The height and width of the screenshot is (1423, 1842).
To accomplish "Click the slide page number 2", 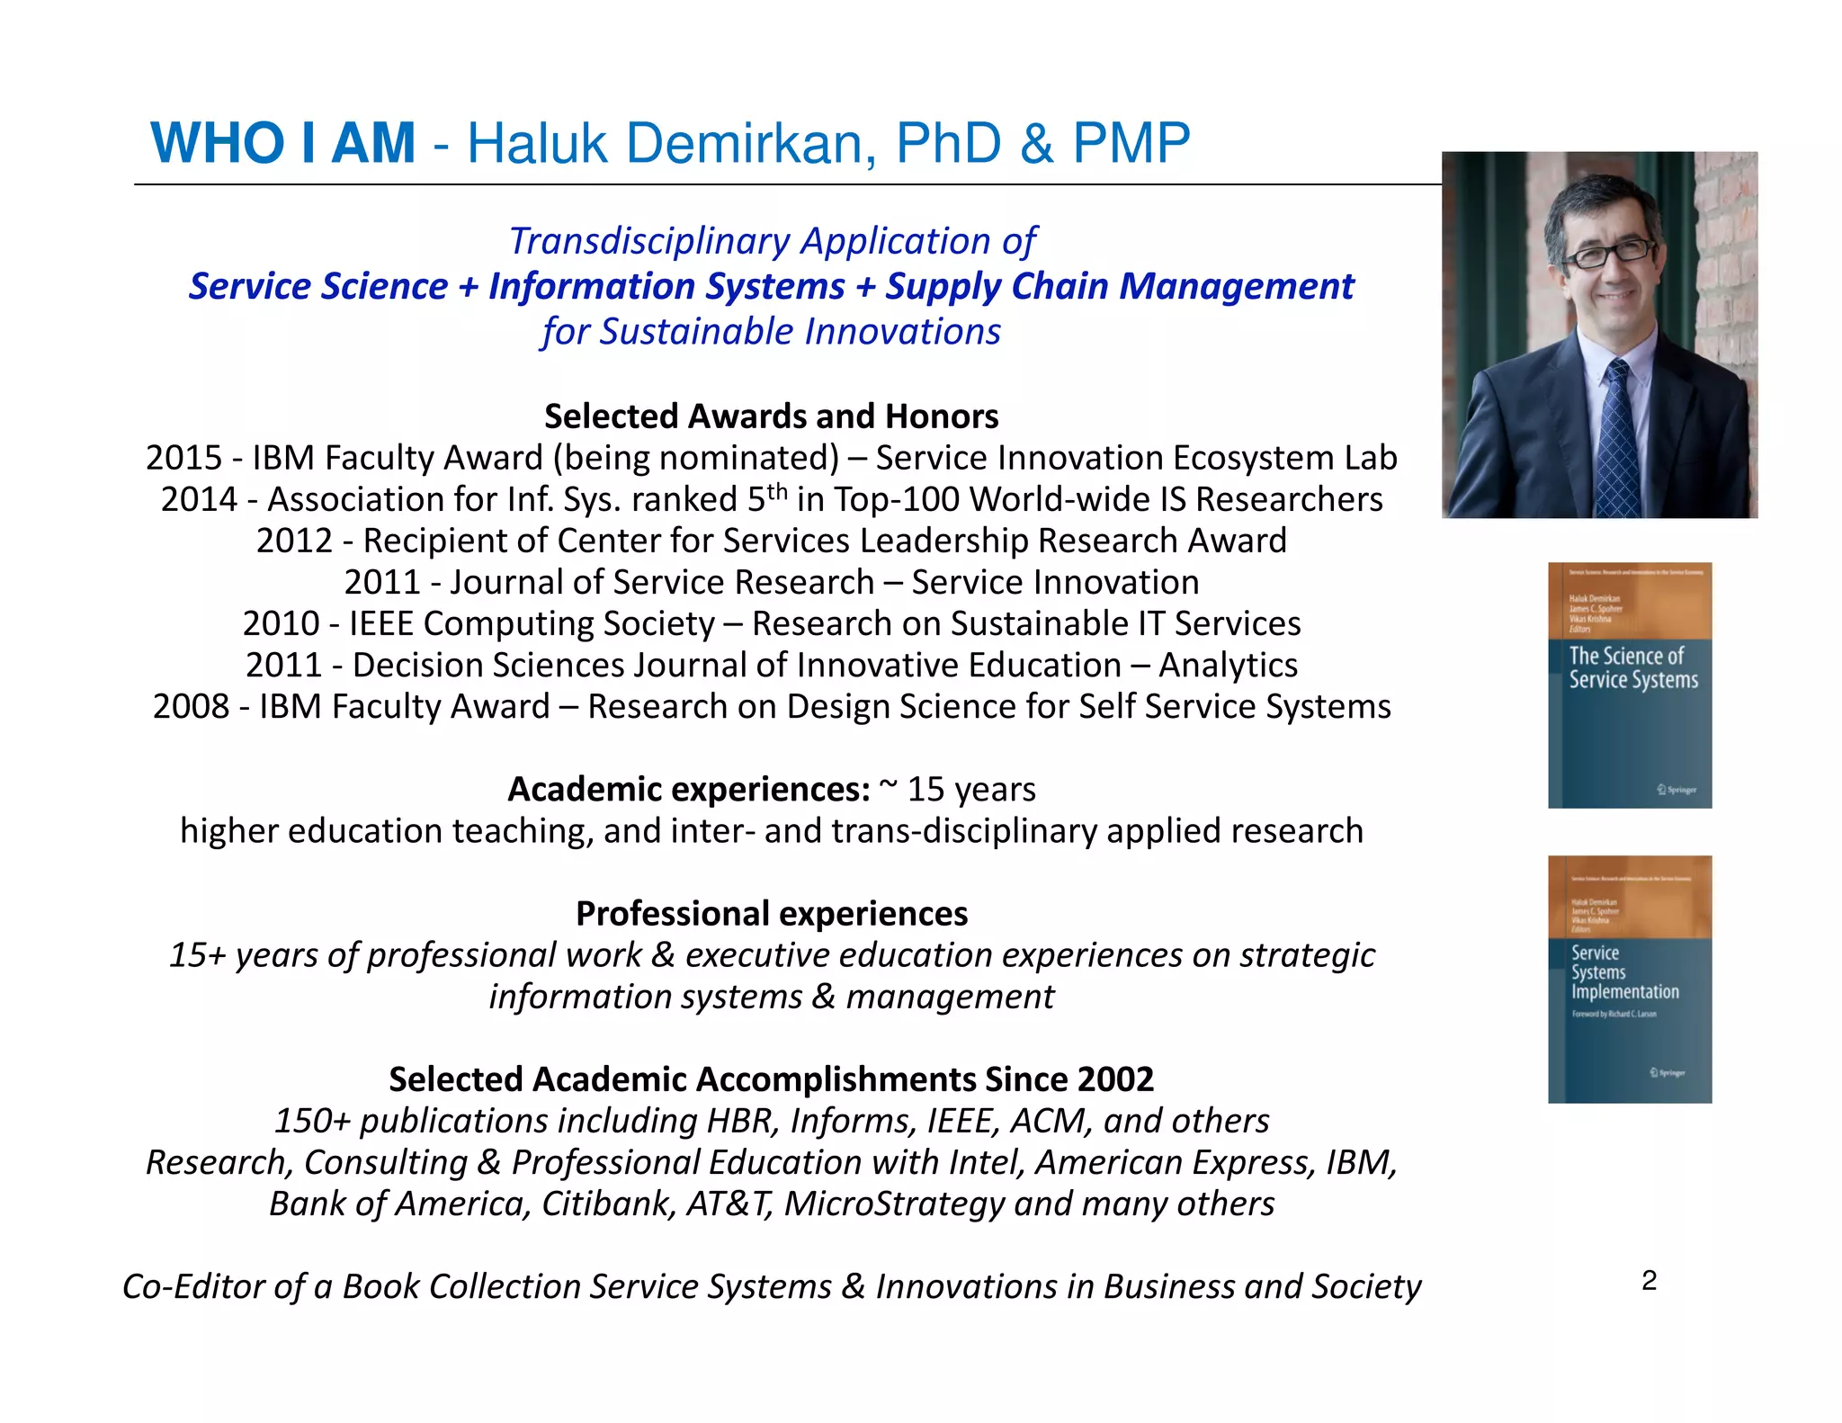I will pyautogui.click(x=1649, y=1280).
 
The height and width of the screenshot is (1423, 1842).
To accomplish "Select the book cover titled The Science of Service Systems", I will pyautogui.click(x=1629, y=685).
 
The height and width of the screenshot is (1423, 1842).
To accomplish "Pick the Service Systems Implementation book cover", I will pyautogui.click(x=1629, y=979).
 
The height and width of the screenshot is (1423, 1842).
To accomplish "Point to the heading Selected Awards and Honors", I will pyautogui.click(x=771, y=416).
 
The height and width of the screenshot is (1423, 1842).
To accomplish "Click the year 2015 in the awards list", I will pyautogui.click(x=183, y=458).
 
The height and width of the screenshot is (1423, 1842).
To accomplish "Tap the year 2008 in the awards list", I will pyautogui.click(x=191, y=707).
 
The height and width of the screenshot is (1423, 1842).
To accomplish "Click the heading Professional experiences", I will pyautogui.click(x=771, y=914).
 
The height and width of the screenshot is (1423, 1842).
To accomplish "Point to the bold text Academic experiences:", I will pyautogui.click(x=688, y=790).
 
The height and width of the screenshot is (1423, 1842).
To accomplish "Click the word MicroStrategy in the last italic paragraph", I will pyautogui.click(x=893, y=1204).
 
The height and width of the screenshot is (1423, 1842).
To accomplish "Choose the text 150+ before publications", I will pyautogui.click(x=312, y=1122).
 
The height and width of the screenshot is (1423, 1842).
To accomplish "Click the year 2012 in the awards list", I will pyautogui.click(x=294, y=541).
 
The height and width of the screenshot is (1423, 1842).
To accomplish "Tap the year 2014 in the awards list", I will pyautogui.click(x=199, y=499).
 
